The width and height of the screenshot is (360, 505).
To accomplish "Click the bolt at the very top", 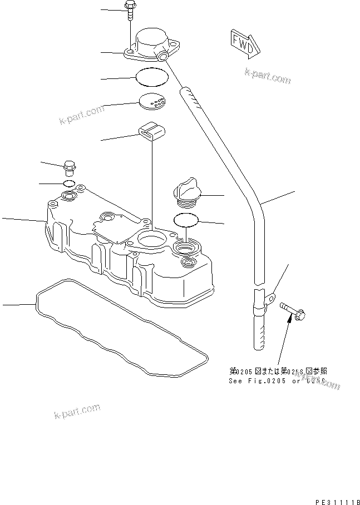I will pyautogui.click(x=130, y=9).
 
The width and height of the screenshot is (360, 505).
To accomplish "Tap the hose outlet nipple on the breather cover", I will pyautogui.click(x=163, y=57).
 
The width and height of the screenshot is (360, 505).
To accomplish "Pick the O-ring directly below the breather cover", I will pyautogui.click(x=152, y=76).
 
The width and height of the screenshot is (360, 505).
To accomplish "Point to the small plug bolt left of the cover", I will pyautogui.click(x=71, y=166).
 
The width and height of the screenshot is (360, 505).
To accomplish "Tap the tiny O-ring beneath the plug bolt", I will pyautogui.click(x=69, y=183).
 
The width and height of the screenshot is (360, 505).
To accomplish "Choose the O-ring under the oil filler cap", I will pyautogui.click(x=186, y=221).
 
